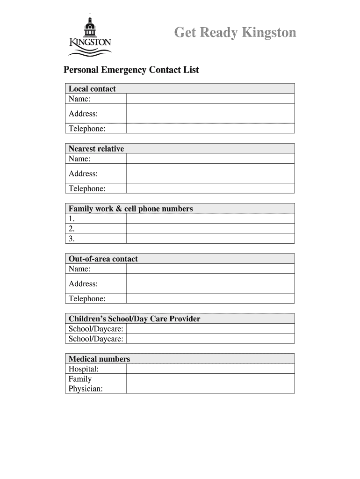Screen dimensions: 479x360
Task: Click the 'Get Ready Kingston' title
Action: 235,33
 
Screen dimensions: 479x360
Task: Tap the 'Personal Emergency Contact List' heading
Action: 131,70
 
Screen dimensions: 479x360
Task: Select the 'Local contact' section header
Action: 92,89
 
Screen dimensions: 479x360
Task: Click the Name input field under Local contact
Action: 210,99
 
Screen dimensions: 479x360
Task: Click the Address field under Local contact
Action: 210,114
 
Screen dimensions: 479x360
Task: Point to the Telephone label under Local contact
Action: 87,129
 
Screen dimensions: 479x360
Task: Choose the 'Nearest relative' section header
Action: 96,149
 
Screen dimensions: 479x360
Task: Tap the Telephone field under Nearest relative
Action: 210,189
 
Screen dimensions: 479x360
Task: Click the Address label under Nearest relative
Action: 83,174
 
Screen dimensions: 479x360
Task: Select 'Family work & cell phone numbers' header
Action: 130,209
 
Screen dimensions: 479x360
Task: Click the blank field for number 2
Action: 210,229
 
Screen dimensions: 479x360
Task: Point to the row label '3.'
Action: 72,239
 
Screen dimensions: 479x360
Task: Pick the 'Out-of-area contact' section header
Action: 103,259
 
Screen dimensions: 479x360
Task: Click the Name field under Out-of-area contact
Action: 210,269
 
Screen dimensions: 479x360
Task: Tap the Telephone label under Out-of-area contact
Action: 87,298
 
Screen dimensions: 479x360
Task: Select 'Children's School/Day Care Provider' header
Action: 134,319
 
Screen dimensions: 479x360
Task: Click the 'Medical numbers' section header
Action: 99,359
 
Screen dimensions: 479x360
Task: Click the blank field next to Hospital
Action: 210,369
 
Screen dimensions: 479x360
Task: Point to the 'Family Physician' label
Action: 86,384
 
